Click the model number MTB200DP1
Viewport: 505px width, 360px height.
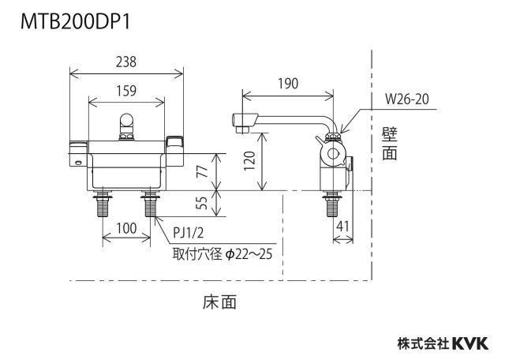click(76, 22)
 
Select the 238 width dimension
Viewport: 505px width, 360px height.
click(126, 62)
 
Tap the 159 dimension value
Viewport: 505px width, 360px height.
click(126, 91)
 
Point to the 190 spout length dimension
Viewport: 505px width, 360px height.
click(288, 84)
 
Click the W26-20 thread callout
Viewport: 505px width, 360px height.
click(407, 99)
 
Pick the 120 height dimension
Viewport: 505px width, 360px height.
click(250, 160)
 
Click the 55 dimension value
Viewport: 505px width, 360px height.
click(203, 202)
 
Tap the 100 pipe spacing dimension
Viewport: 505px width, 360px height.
click(126, 228)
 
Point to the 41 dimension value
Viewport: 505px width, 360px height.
click(342, 227)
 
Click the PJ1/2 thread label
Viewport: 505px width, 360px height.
click(189, 233)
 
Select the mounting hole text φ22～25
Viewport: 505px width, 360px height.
click(249, 254)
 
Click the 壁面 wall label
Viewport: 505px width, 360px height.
click(390, 144)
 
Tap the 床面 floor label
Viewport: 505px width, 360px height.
click(219, 302)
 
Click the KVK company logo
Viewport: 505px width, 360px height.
click(470, 343)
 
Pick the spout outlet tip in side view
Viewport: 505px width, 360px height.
click(242, 129)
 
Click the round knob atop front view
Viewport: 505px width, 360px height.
click(126, 121)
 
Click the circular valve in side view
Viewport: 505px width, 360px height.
click(332, 153)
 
